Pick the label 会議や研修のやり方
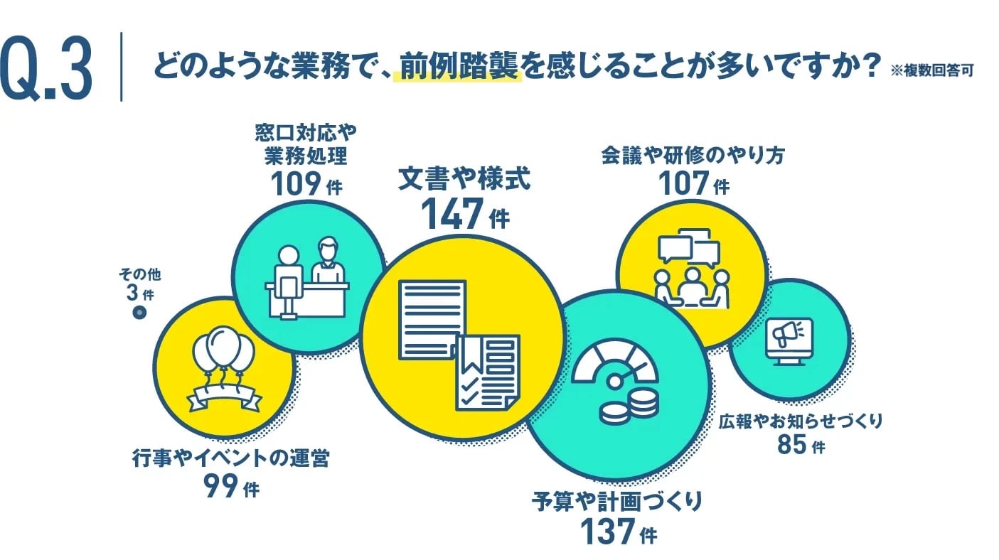pos(693,155)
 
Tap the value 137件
pos(617,531)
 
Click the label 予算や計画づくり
pos(617,501)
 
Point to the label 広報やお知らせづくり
pos(801,421)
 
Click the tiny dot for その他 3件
pos(140,312)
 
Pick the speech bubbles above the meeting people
pos(689,247)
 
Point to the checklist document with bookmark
pos(488,372)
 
